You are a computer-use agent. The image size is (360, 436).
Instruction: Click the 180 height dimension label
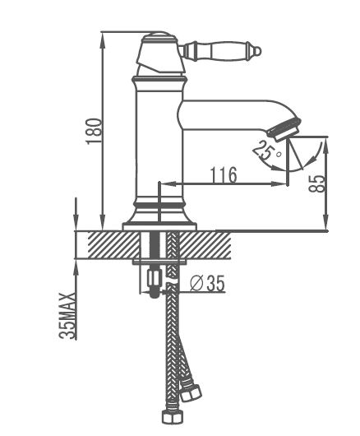click(x=94, y=132)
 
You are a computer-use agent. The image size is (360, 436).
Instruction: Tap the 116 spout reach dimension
click(x=224, y=175)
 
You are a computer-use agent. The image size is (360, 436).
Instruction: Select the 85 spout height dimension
click(x=316, y=183)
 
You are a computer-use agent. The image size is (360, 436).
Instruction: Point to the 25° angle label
click(x=266, y=151)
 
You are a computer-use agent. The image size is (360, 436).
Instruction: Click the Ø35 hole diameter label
click(x=207, y=284)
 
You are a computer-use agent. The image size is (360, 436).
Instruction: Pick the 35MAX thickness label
click(x=67, y=316)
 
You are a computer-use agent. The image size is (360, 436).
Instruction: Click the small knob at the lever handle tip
click(x=258, y=52)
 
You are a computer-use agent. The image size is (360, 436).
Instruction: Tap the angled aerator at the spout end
click(x=284, y=130)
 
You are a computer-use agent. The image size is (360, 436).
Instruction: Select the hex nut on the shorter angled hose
click(x=191, y=392)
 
